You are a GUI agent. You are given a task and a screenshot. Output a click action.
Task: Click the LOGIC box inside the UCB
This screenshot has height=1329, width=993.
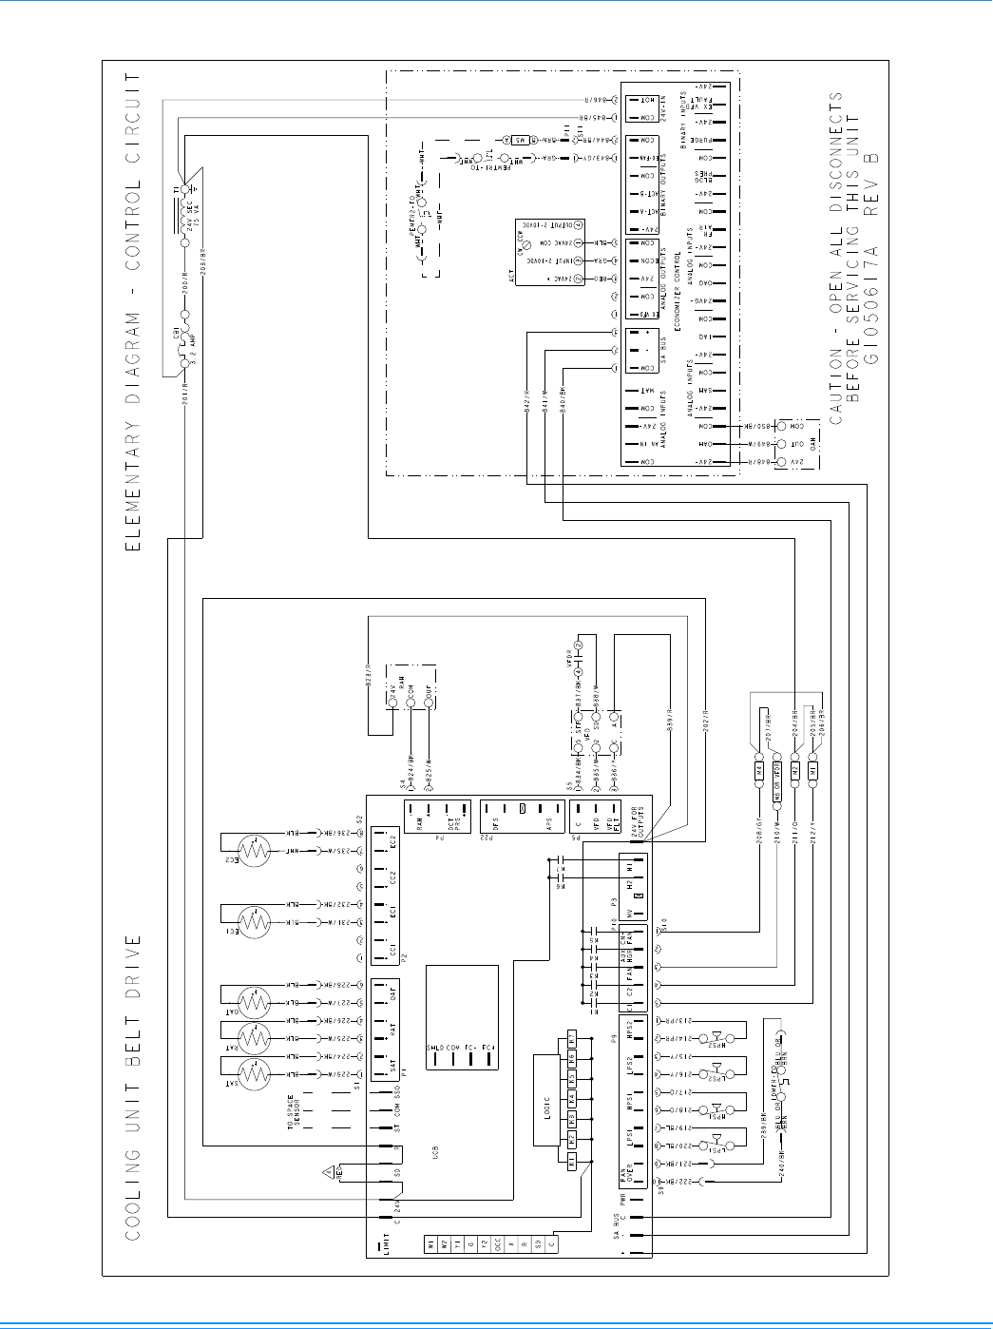tap(546, 1108)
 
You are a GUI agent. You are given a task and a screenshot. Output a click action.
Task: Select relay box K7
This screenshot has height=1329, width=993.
tap(572, 1037)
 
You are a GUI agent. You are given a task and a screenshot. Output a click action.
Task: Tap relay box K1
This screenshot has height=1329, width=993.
tap(572, 1162)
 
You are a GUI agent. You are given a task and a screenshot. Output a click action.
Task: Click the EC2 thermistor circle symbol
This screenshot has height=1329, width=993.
tap(255, 851)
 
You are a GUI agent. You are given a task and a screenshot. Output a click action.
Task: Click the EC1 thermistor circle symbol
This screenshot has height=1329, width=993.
tap(255, 922)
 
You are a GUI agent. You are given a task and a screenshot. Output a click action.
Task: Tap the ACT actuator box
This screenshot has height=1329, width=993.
tap(537, 252)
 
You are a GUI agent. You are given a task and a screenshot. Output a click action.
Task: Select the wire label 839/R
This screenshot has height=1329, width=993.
tap(670, 724)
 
